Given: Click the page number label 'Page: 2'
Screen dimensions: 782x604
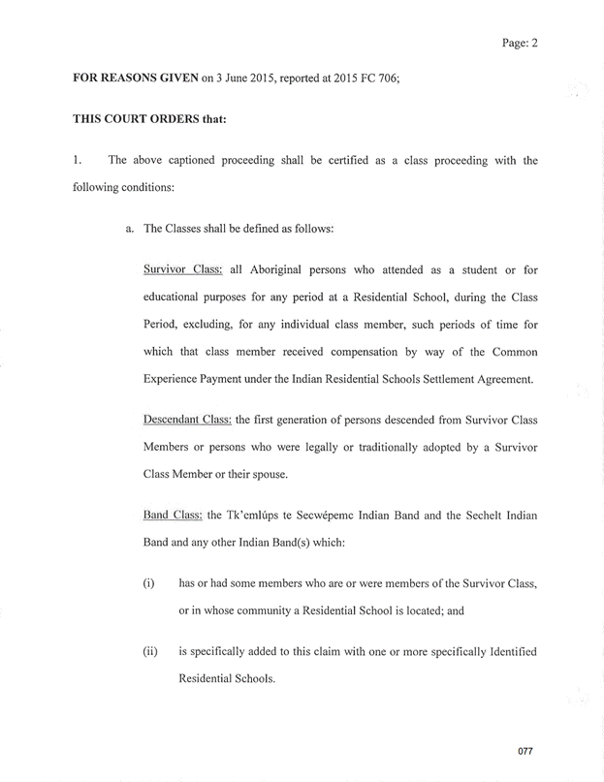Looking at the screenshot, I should point(520,43).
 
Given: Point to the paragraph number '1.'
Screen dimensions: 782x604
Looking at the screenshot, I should point(79,161).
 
